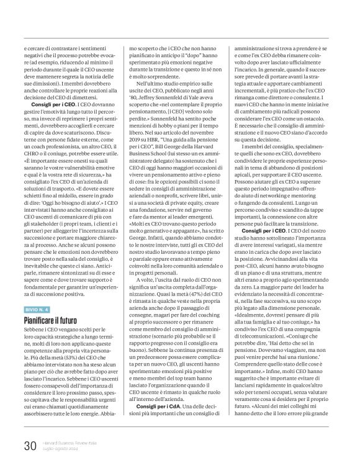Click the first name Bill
pos(187,161)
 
